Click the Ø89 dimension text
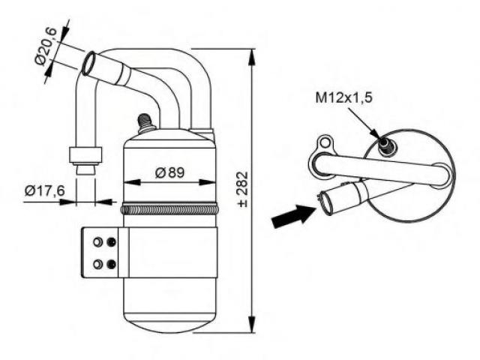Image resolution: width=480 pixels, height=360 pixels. [x=169, y=172]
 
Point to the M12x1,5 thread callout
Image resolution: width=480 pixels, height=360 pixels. [x=343, y=98]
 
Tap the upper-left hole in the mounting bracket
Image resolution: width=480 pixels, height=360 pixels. [x=97, y=242]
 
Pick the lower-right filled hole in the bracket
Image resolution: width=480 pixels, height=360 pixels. [x=111, y=264]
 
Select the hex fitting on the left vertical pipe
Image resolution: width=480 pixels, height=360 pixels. [x=85, y=155]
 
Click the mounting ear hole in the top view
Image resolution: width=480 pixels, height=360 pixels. [x=325, y=142]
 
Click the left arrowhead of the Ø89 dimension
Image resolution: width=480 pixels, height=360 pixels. [x=127, y=181]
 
